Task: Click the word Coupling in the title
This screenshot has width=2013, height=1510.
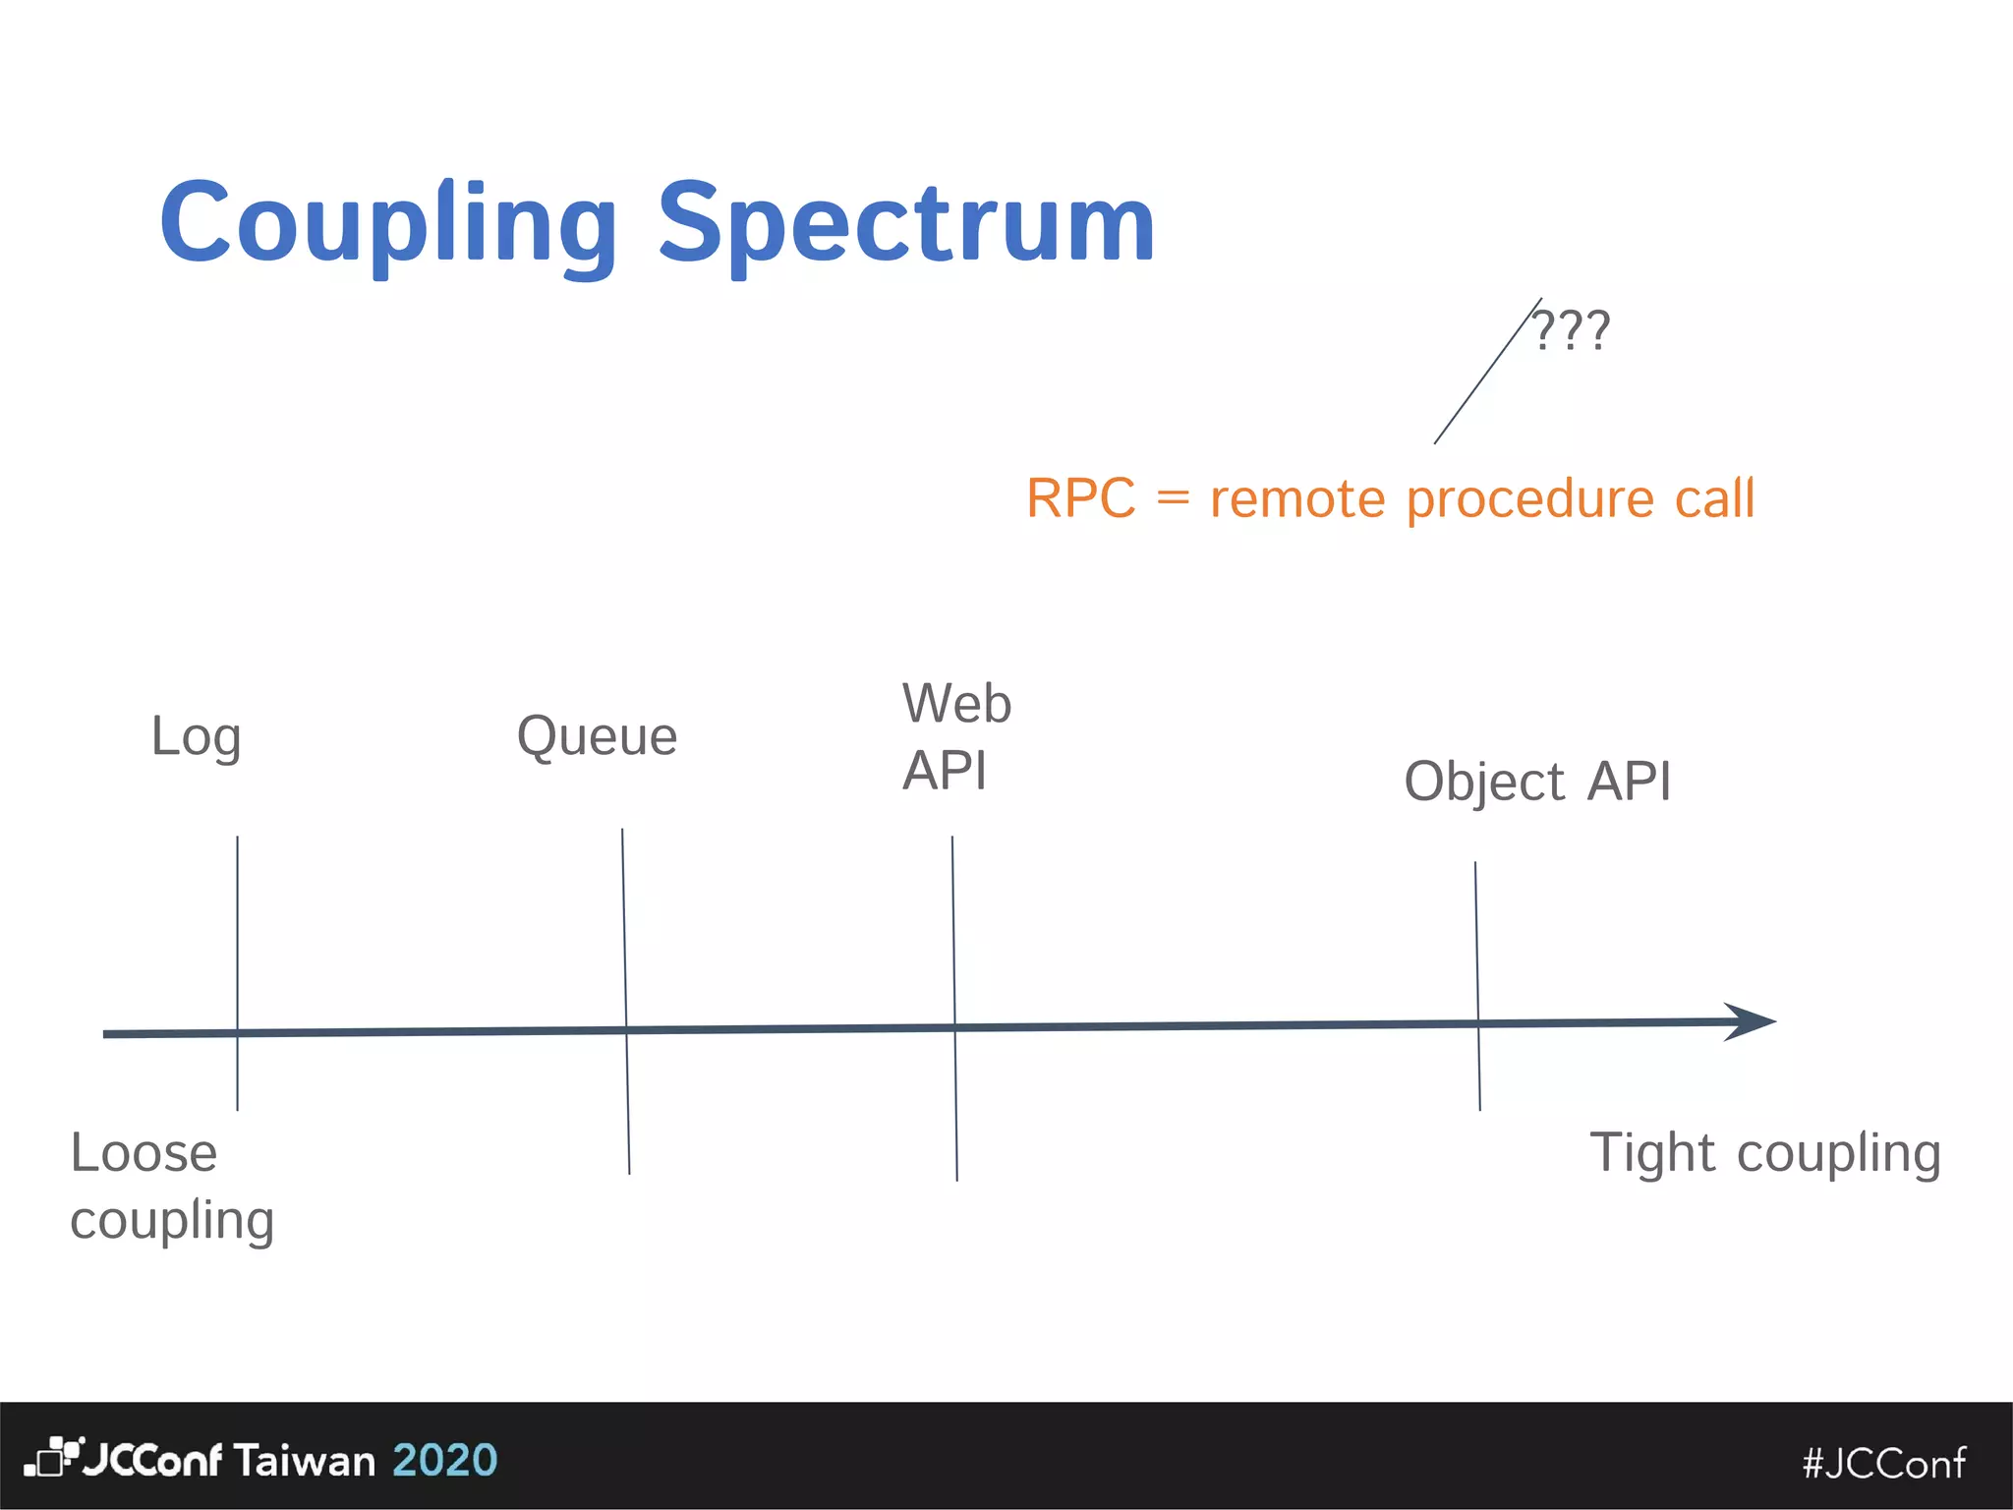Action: click(x=388, y=224)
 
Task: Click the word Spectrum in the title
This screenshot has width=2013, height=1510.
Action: click(x=905, y=224)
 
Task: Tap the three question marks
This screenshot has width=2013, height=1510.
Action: click(x=1571, y=330)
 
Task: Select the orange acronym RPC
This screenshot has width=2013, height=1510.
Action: click(x=1080, y=498)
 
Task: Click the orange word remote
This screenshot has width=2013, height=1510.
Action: click(x=1297, y=498)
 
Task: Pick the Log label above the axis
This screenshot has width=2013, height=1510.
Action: click(x=196, y=737)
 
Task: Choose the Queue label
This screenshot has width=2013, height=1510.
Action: click(x=597, y=736)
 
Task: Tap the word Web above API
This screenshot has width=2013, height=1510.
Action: click(x=956, y=704)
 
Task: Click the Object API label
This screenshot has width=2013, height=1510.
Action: click(x=1536, y=783)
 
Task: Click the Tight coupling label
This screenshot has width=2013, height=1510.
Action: click(x=1764, y=1153)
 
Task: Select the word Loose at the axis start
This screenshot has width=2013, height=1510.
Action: click(x=144, y=1153)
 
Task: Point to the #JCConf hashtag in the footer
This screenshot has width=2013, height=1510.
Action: click(x=1884, y=1463)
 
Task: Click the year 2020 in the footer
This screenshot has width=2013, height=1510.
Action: click(x=444, y=1460)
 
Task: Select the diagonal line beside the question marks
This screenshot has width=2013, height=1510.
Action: click(x=1486, y=373)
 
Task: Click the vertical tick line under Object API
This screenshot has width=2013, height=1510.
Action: click(x=1477, y=983)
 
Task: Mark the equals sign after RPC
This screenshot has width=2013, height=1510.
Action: click(x=1173, y=498)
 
